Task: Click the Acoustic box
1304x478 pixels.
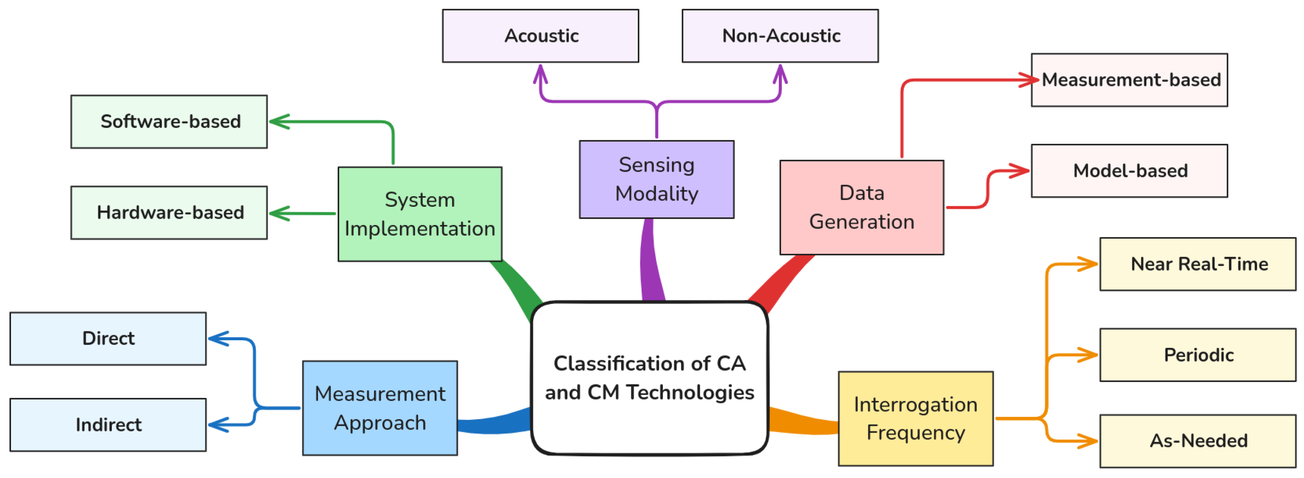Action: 541,36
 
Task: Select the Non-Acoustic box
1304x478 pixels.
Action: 780,36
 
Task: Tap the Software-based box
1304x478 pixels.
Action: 169,122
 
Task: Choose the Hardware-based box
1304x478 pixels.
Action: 169,213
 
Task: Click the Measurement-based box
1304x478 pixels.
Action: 1130,80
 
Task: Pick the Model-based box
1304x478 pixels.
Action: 1130,171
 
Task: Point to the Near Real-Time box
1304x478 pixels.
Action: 1198,264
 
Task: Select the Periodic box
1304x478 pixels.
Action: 1198,355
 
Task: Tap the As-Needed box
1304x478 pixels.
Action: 1198,441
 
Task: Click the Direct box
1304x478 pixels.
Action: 108,339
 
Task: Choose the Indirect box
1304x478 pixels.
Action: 108,425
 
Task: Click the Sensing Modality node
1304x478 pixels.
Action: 656,180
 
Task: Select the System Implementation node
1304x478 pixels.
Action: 420,214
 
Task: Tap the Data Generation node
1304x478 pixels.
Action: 861,208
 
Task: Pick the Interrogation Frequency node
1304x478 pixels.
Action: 916,419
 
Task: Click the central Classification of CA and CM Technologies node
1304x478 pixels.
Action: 650,378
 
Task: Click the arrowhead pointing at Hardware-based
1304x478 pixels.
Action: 280,214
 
